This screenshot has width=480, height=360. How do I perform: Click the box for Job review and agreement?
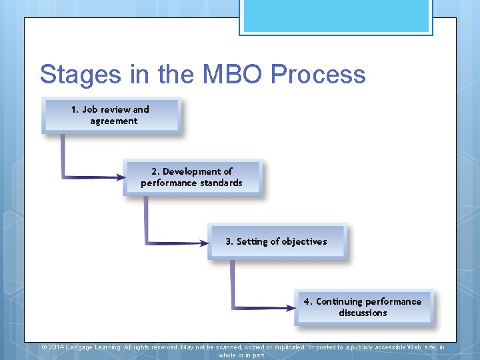click(x=111, y=115)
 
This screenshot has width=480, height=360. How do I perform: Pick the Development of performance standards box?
click(x=193, y=177)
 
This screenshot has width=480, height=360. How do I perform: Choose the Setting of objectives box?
click(x=277, y=241)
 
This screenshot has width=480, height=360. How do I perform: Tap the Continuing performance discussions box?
click(x=363, y=307)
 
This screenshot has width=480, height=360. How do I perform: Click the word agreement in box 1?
click(x=114, y=121)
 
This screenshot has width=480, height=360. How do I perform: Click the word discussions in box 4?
click(x=363, y=313)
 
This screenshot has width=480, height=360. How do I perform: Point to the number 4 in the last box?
click(x=307, y=301)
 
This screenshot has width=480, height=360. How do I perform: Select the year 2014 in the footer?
click(x=56, y=347)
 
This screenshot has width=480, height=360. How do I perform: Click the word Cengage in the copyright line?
click(x=79, y=347)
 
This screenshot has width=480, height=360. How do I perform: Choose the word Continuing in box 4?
click(x=339, y=301)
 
